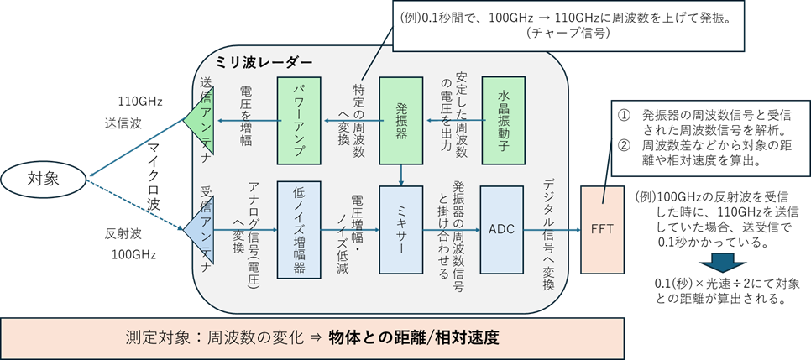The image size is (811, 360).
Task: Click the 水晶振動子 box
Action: pos(503,120)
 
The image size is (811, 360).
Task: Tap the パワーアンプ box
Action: pos(300,120)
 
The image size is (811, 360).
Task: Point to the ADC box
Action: pos(502,229)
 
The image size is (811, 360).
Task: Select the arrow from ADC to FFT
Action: pos(552,229)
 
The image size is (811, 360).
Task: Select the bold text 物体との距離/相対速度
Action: pos(414,338)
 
